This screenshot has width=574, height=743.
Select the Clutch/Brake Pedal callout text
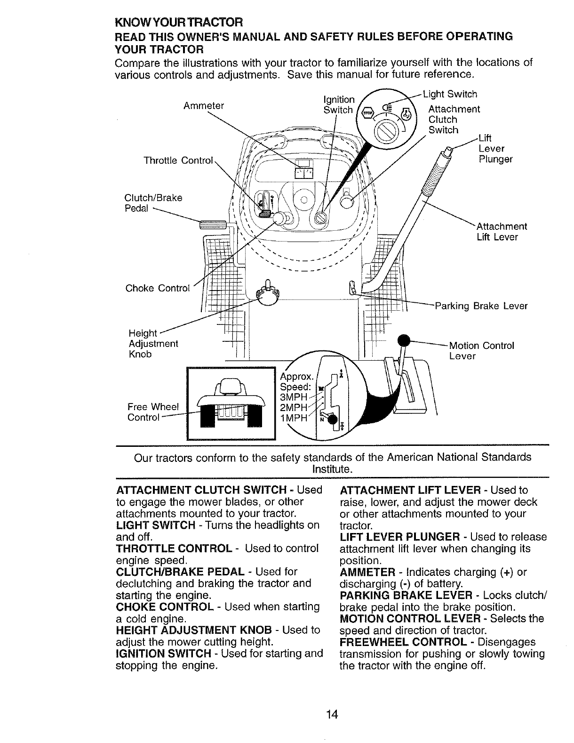pos(153,202)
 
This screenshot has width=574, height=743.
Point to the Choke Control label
pos(157,288)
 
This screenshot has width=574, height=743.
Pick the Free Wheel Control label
pos(153,412)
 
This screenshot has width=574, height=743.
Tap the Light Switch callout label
pos(450,95)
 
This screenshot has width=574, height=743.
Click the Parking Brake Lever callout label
pos(481,306)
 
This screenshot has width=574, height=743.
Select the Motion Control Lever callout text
pos(482,351)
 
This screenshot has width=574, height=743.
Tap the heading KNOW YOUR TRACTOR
pos(179,23)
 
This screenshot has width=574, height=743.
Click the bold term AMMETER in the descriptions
pos(367,572)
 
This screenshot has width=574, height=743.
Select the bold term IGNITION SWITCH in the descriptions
pos(163,654)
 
